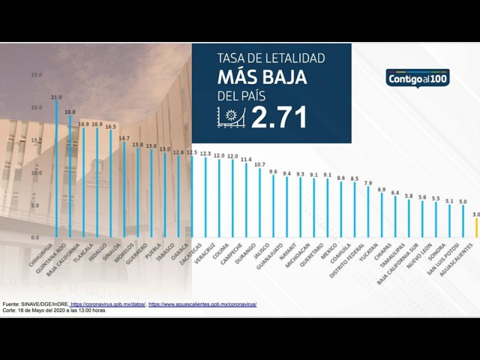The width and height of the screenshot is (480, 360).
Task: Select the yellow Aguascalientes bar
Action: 476,227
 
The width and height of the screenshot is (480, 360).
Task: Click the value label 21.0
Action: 57,97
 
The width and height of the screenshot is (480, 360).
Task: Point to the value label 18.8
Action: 70,112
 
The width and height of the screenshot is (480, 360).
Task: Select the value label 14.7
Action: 124,138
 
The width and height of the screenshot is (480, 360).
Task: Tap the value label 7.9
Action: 368,183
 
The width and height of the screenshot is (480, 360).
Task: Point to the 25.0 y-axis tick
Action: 37,75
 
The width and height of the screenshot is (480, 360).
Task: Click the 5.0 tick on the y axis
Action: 35,205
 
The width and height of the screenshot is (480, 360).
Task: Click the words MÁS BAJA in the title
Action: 262,77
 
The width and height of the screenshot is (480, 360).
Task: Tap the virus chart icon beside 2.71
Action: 231,117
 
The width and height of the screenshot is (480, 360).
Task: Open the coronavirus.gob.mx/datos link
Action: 108,305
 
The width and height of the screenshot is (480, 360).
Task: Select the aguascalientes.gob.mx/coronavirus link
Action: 203,305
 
